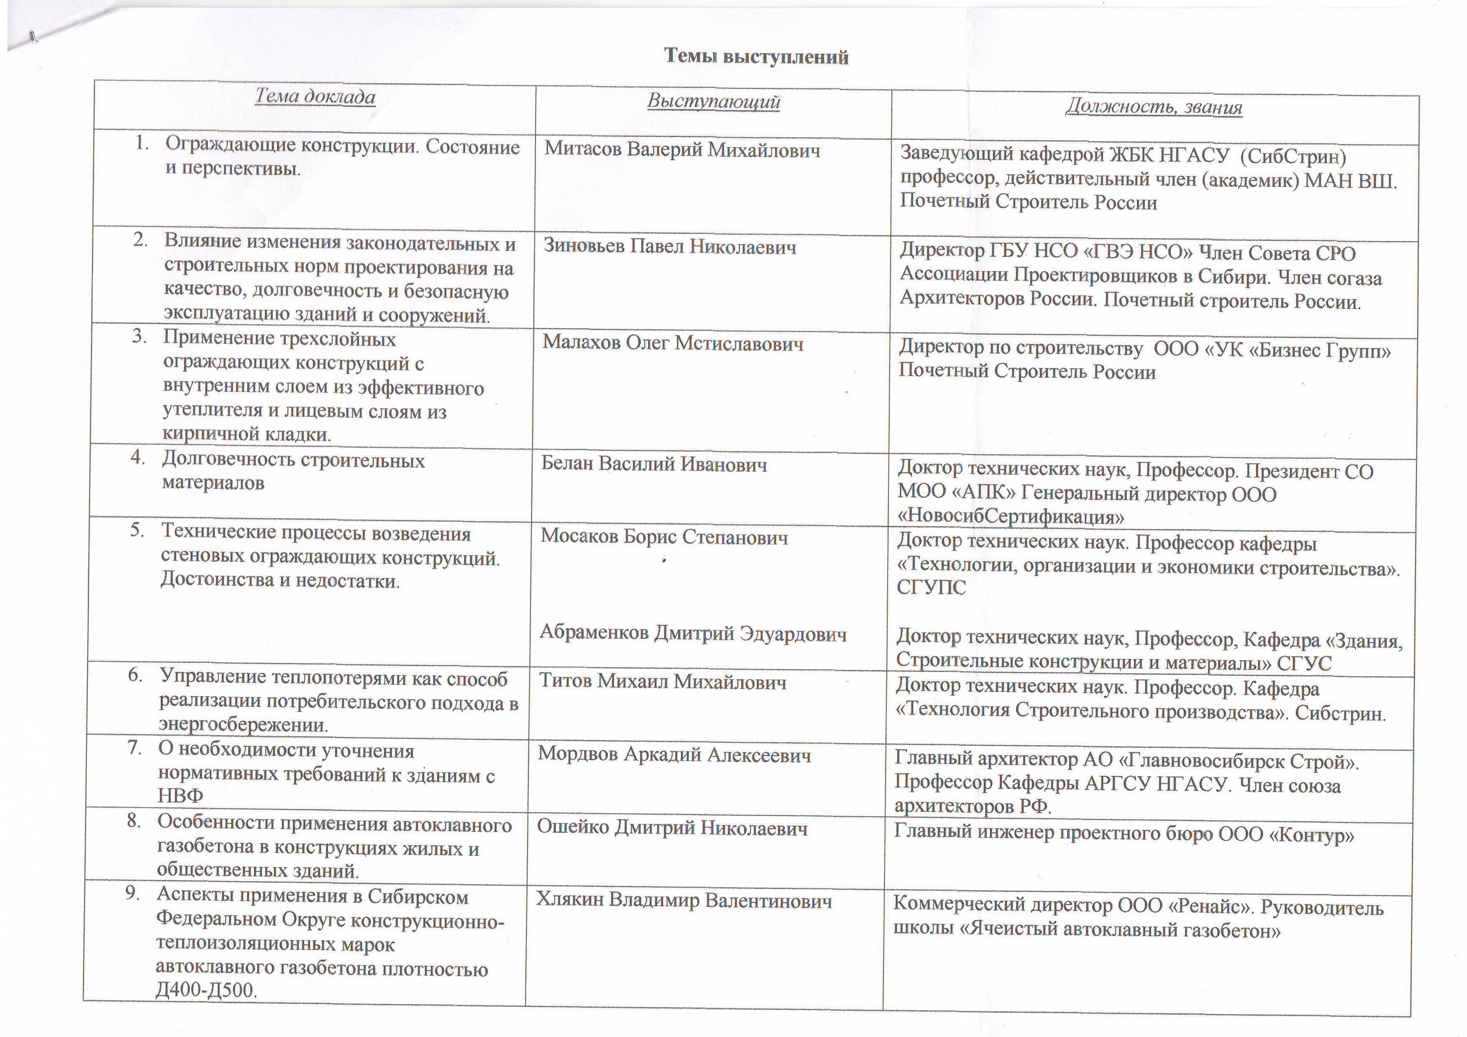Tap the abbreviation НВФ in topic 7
coord(180,796)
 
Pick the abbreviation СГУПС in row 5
coord(931,587)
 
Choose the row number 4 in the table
coord(137,458)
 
